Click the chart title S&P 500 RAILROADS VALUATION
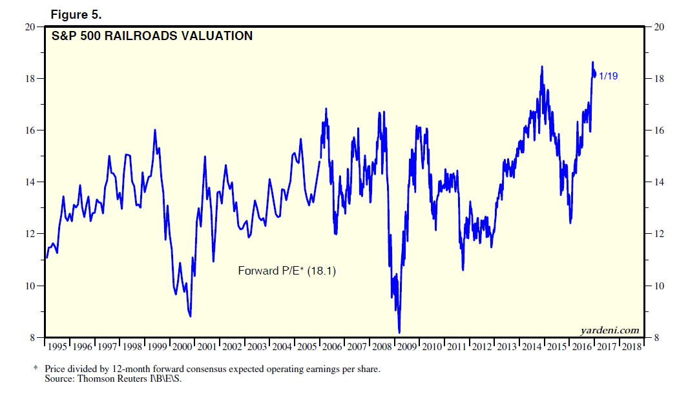point(152,36)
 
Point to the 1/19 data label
point(609,76)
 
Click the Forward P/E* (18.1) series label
point(287,271)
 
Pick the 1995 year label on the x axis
point(57,347)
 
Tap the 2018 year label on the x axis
point(631,347)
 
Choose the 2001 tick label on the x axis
point(206,347)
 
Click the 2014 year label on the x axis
point(531,347)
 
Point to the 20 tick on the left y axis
point(30,27)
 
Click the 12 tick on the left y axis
point(30,234)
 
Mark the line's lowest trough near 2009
point(399,332)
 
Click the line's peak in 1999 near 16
point(155,130)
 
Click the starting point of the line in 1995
point(47,257)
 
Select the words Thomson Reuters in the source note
point(110,379)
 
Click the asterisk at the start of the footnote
point(36,369)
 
